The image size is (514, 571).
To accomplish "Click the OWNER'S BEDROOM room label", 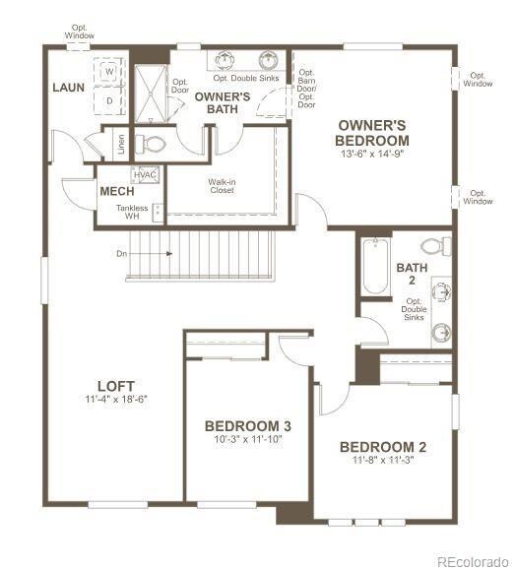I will [373, 133].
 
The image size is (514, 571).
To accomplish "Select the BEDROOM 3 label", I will [247, 425].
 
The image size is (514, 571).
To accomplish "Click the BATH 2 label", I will [411, 273].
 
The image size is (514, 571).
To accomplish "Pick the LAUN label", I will [69, 88].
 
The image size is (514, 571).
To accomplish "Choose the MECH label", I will [116, 191].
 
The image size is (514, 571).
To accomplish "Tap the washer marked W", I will [109, 73].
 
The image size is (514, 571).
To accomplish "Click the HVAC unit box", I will [146, 175].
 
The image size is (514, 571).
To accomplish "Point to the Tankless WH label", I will [132, 213].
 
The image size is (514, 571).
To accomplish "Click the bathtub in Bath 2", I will [375, 265].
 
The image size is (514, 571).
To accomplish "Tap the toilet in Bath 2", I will [434, 246].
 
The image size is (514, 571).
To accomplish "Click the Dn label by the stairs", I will [122, 253].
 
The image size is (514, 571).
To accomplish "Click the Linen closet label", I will [120, 143].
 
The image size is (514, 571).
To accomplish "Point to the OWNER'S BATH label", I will [222, 102].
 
